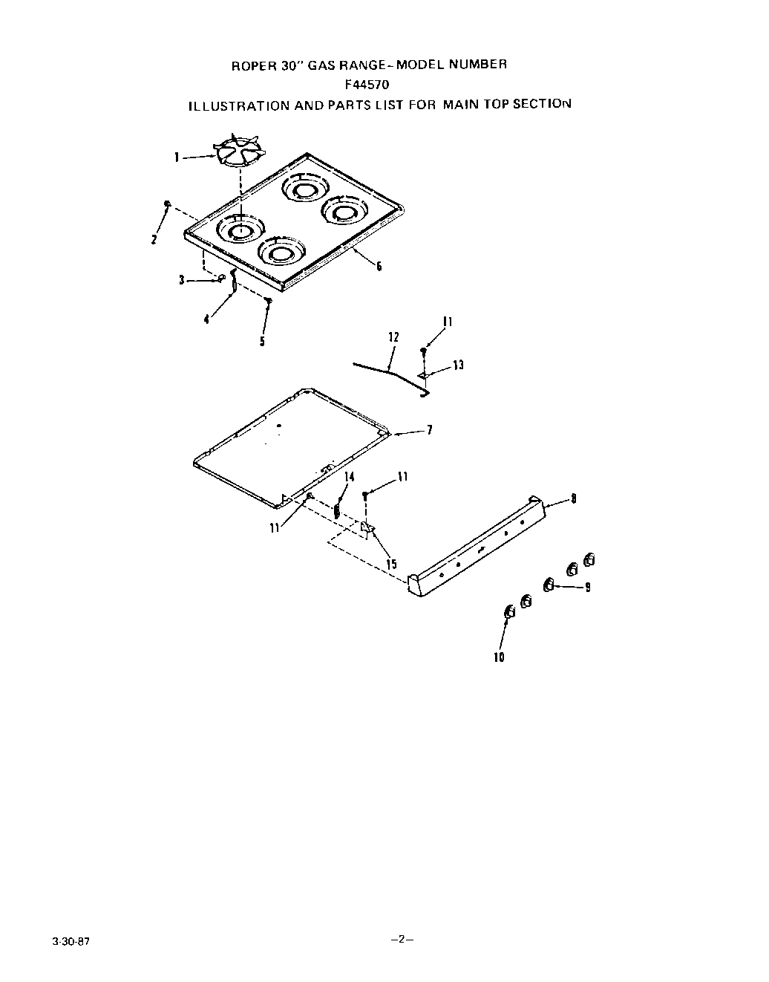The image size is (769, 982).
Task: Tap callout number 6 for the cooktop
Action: tap(379, 265)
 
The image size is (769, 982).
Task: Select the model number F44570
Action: tap(369, 85)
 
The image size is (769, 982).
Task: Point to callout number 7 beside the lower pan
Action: tap(429, 430)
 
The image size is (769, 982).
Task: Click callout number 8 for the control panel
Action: tap(572, 498)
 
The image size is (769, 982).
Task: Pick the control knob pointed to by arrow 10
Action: tap(509, 612)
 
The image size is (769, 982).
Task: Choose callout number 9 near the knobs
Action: tap(587, 588)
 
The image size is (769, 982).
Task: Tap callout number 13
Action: tap(458, 365)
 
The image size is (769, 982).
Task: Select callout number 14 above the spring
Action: tap(349, 476)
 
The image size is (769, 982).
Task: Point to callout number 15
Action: tap(391, 564)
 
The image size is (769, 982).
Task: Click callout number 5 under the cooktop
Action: tap(262, 342)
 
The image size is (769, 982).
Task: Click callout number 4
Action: tap(206, 319)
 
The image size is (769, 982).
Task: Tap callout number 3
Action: tap(182, 280)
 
